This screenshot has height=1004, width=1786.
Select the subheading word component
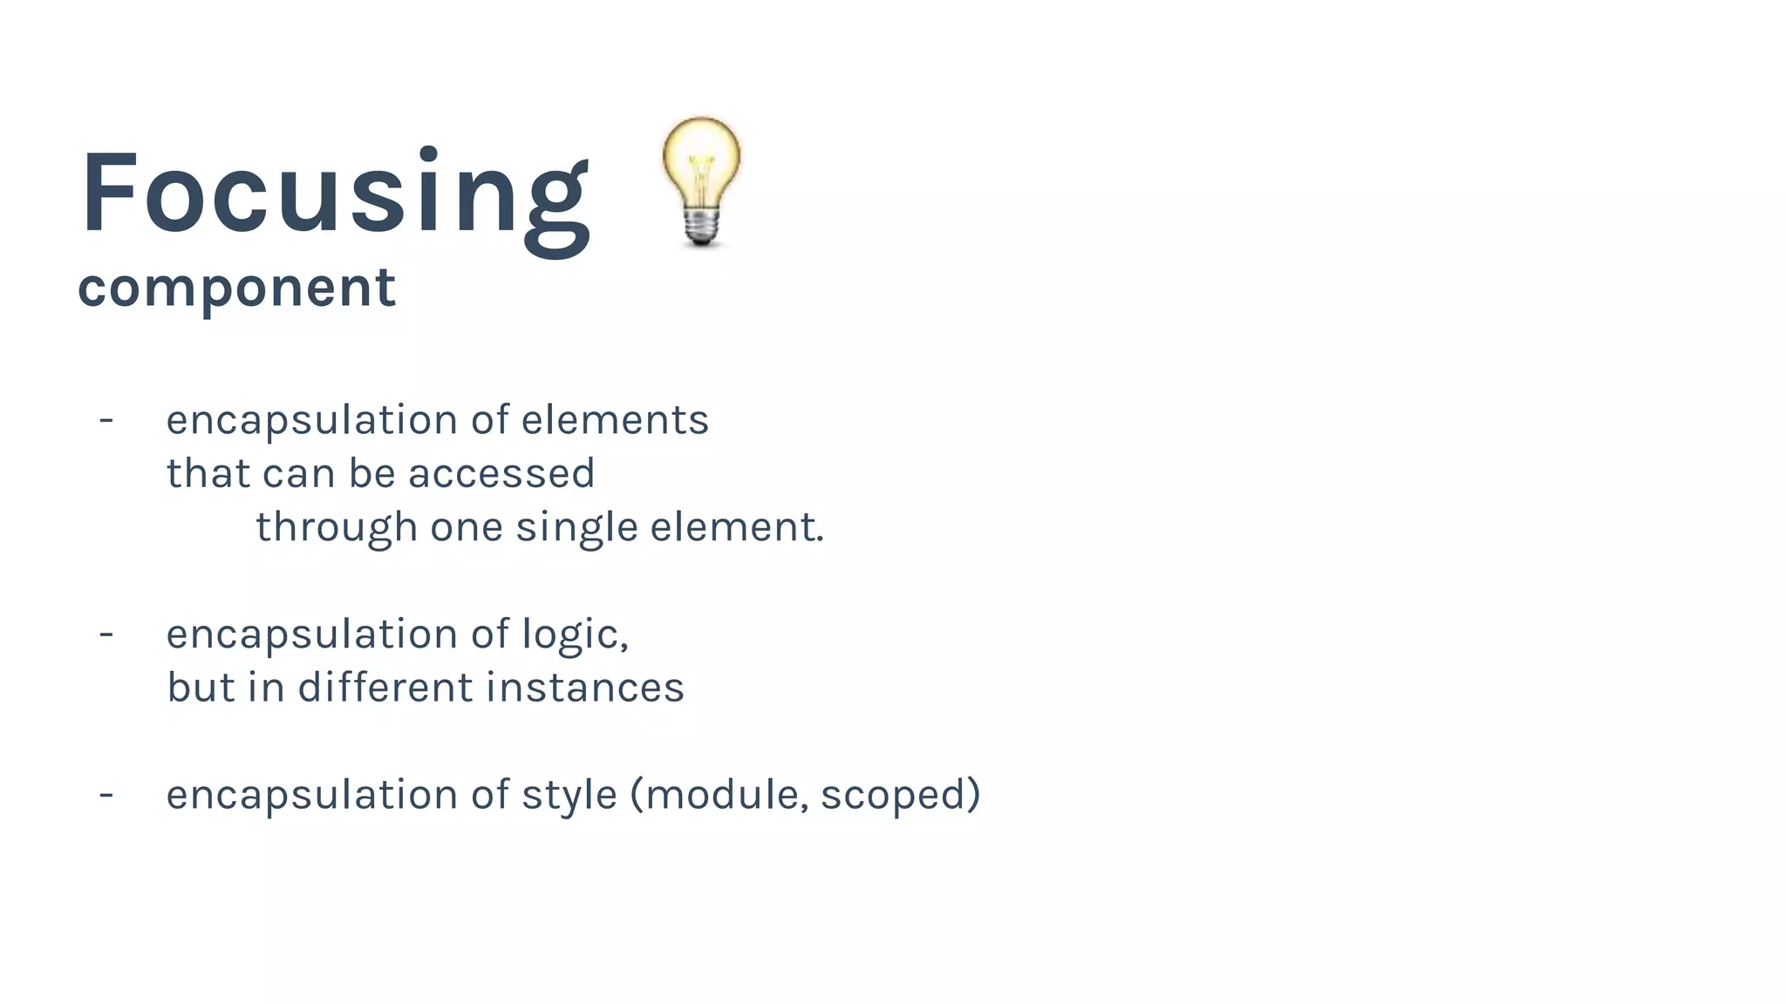tap(236, 288)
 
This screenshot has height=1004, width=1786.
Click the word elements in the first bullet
tap(615, 420)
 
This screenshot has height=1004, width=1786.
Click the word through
tap(336, 528)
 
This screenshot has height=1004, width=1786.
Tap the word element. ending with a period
tap(737, 528)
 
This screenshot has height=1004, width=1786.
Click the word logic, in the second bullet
tap(575, 634)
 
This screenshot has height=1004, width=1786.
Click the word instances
tap(584, 688)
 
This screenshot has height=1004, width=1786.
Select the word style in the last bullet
tap(569, 796)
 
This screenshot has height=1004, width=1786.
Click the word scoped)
tap(900, 796)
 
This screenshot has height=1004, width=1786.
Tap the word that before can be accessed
tap(208, 474)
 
